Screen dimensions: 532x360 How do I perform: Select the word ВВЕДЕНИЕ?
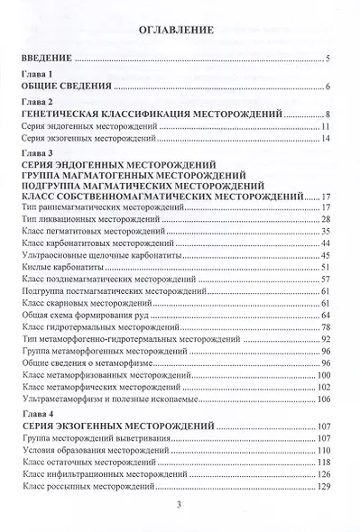click(46, 60)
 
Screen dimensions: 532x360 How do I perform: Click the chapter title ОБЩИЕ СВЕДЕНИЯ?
click(66, 87)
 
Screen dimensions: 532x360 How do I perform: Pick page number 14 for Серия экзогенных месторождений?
click(326, 141)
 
